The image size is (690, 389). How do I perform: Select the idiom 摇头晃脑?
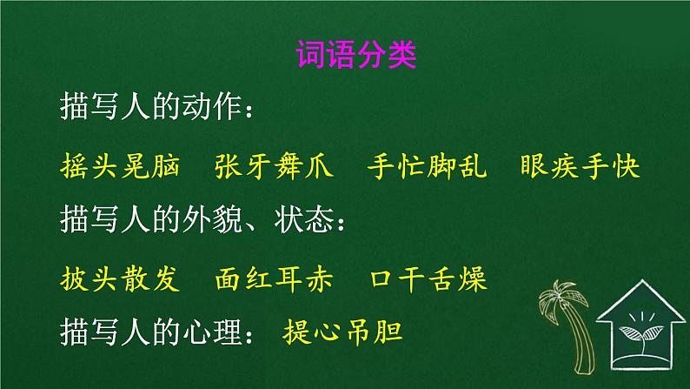121,167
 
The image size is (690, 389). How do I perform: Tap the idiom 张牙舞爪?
274,167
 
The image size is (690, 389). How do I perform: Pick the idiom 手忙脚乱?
428,167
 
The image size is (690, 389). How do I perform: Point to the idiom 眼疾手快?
580,167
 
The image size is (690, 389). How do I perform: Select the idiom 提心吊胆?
344,332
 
